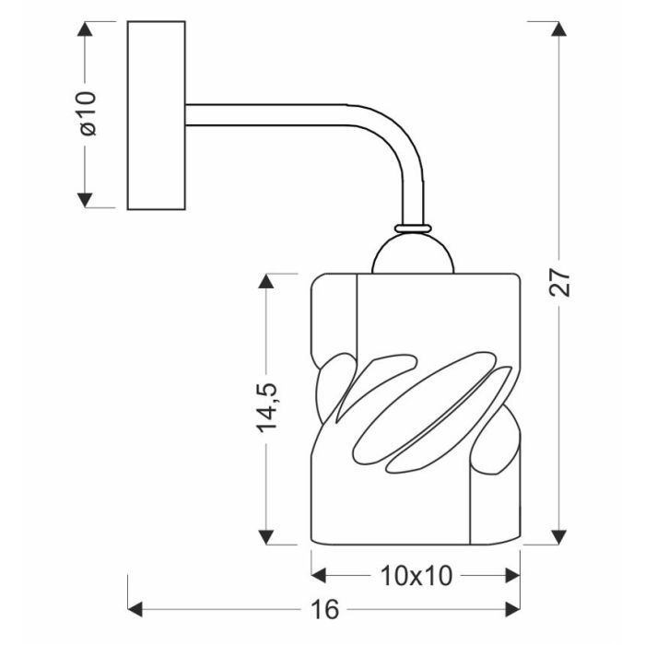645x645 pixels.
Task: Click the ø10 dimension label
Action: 88,113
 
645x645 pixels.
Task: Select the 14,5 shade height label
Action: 268,408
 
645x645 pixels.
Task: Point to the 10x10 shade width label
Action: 416,577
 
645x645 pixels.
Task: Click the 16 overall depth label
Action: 325,609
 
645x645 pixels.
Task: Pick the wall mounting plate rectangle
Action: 156,113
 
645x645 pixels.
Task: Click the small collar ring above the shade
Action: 414,226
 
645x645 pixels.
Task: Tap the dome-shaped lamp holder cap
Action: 414,253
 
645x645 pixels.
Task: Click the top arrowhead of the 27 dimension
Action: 559,29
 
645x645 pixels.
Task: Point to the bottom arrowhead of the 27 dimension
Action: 559,537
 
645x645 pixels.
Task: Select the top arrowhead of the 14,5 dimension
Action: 267,281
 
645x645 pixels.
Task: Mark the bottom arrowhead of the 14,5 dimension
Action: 267,537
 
